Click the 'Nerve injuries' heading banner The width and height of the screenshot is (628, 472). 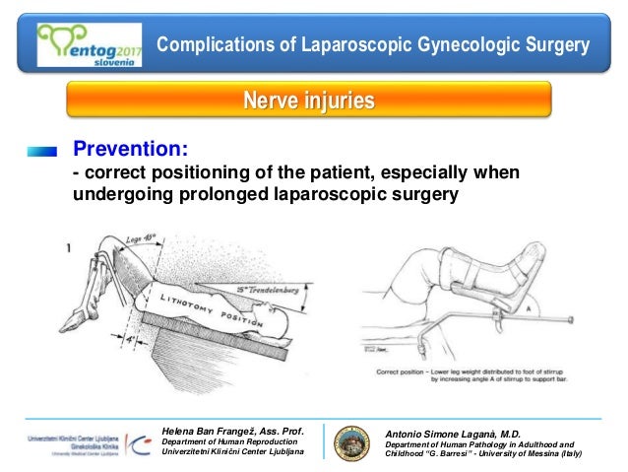coord(308,100)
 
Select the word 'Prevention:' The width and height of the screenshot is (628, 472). coord(129,149)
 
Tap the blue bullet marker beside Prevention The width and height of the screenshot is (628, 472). coord(43,151)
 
